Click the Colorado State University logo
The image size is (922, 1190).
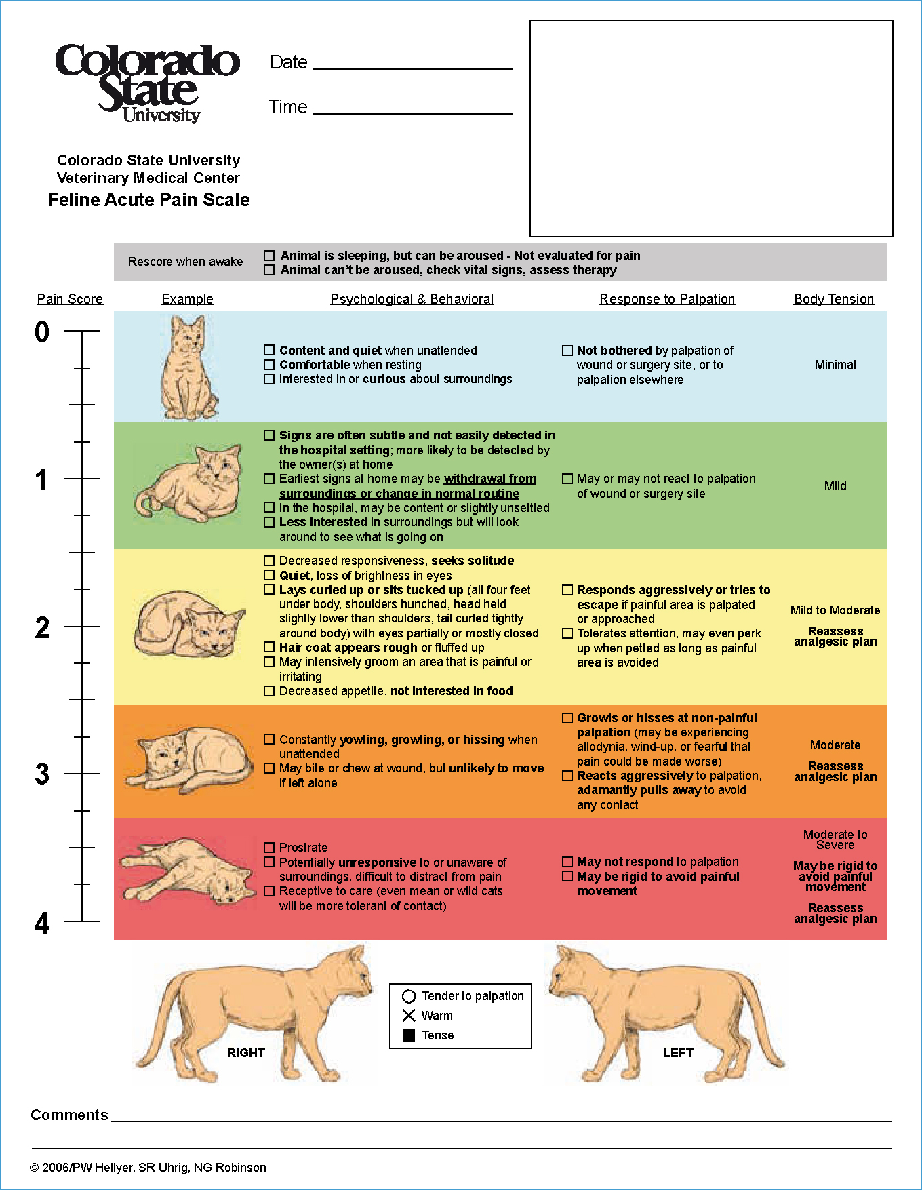(x=148, y=83)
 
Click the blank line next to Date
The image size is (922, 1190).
(x=413, y=69)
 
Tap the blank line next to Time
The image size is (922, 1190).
(x=413, y=114)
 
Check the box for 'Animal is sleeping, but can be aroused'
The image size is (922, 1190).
(x=269, y=256)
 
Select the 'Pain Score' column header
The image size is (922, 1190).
(x=70, y=299)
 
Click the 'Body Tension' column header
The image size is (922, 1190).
(x=834, y=299)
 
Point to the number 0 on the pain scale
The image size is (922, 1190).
(x=42, y=332)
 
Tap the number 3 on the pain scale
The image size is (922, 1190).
(x=42, y=774)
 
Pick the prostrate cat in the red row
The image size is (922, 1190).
(x=188, y=871)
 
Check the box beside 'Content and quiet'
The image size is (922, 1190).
(x=269, y=351)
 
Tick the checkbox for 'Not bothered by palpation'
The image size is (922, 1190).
(x=567, y=351)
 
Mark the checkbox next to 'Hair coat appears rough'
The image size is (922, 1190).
(x=269, y=648)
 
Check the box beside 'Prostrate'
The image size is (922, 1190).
(x=269, y=848)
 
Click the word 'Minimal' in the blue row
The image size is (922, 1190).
(x=835, y=365)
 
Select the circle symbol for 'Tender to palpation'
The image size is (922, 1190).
(x=409, y=996)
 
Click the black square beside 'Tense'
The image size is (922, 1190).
(x=409, y=1035)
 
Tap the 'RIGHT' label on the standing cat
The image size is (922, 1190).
(x=246, y=1053)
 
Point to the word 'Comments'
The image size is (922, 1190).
(x=69, y=1115)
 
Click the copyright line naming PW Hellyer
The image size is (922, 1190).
(x=148, y=1168)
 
